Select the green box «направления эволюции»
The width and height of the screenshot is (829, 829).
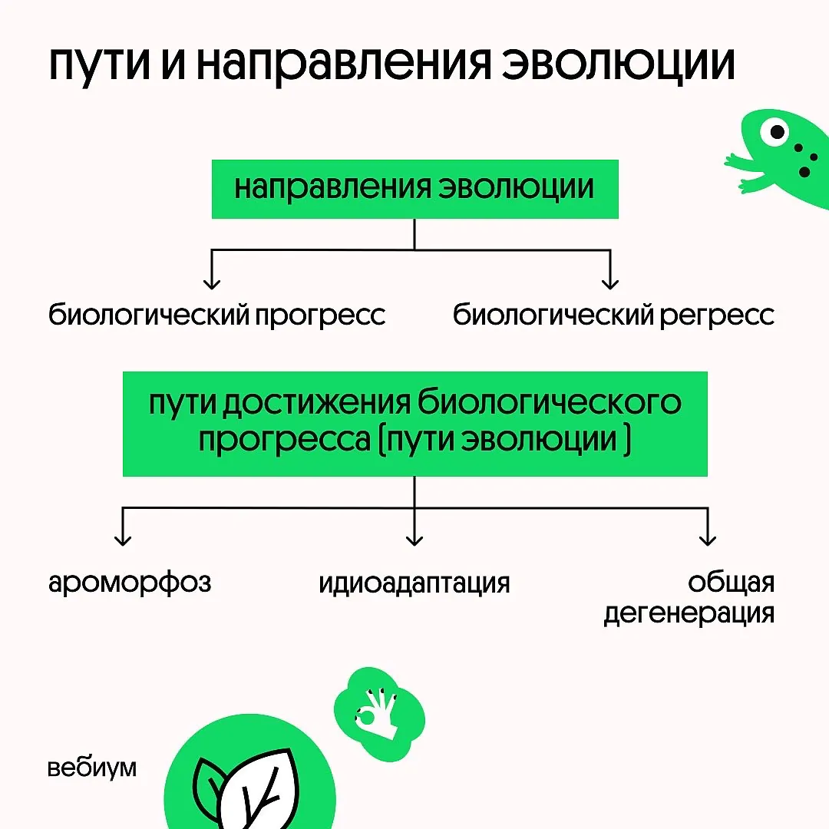pyautogui.click(x=414, y=189)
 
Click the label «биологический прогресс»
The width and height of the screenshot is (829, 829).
pyautogui.click(x=217, y=315)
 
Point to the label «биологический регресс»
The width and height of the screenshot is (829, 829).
pyautogui.click(x=613, y=315)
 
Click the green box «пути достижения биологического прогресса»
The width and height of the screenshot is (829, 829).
pyautogui.click(x=414, y=424)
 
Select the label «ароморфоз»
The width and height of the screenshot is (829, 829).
pyautogui.click(x=130, y=583)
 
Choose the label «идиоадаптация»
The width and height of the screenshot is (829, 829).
pyautogui.click(x=414, y=583)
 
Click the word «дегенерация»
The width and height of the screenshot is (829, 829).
pyautogui.click(x=689, y=615)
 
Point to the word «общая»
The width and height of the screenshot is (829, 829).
pyautogui.click(x=731, y=583)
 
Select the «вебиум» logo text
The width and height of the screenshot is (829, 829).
pyautogui.click(x=91, y=768)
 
